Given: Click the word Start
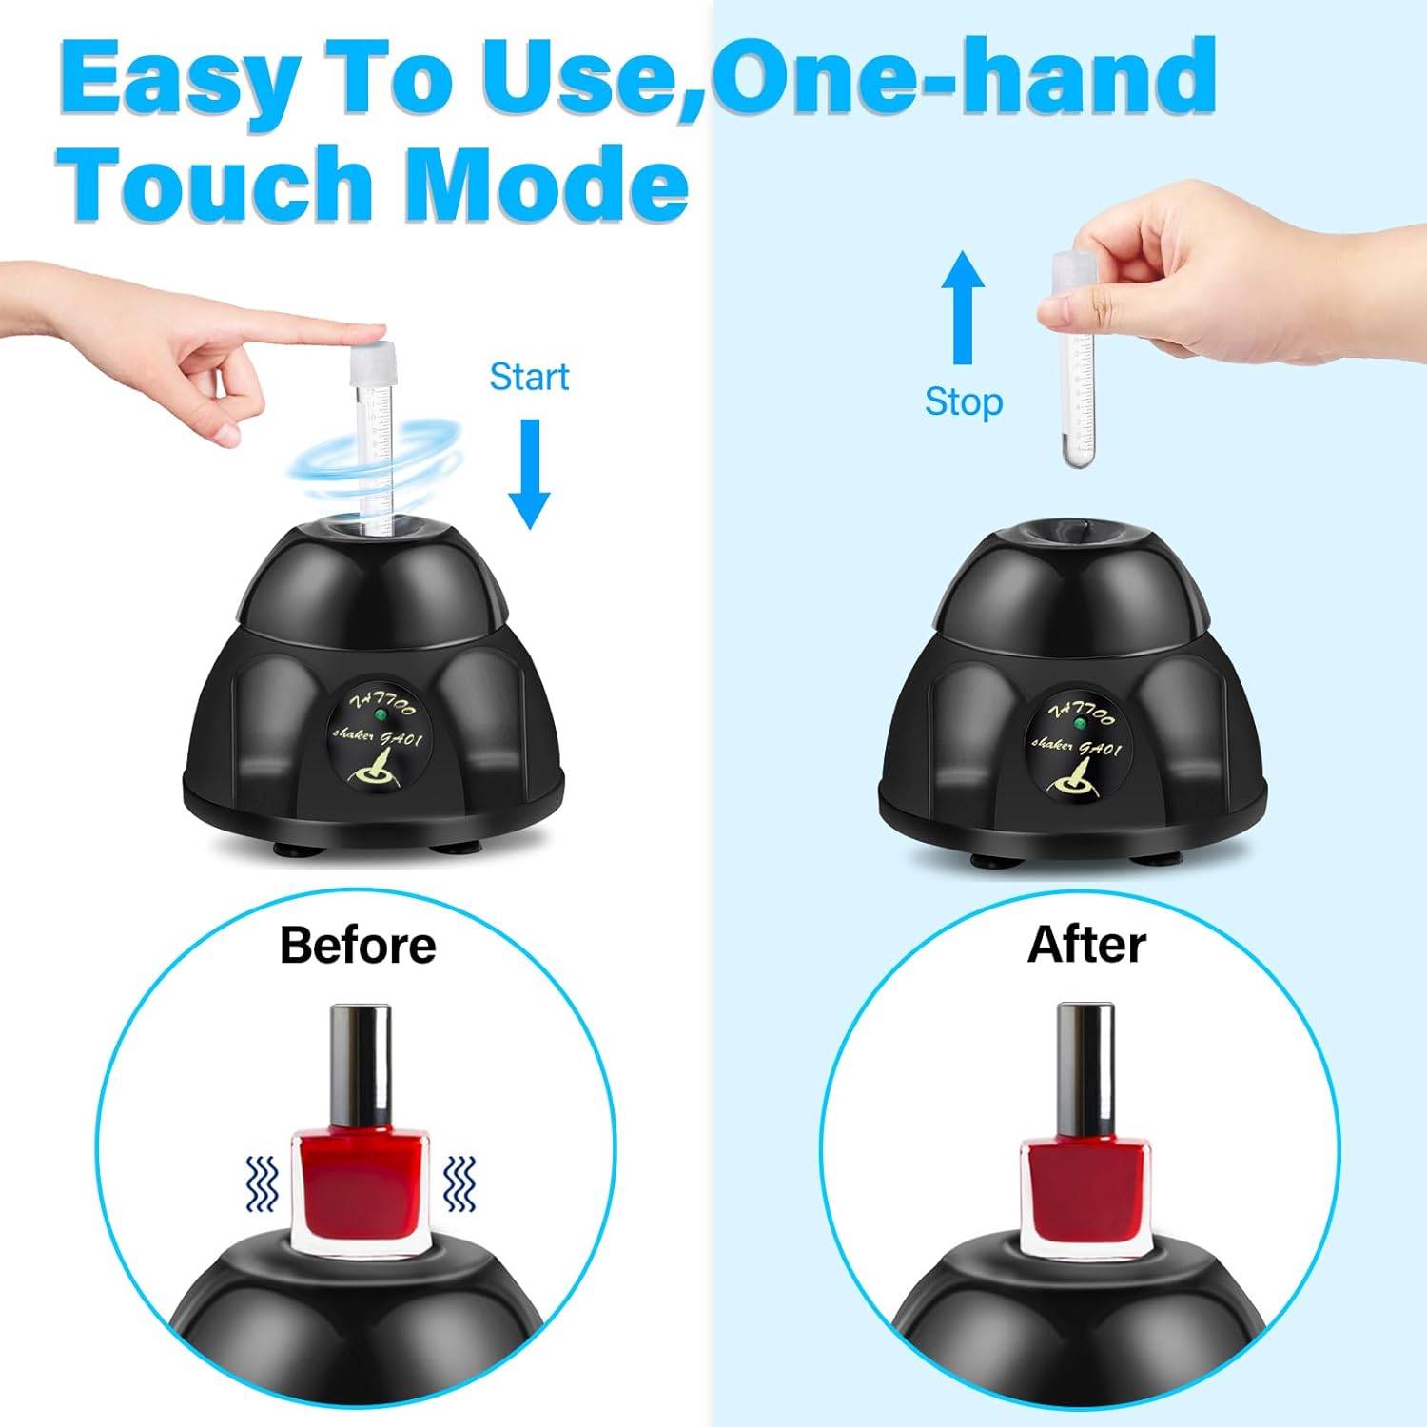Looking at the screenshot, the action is click(x=529, y=377).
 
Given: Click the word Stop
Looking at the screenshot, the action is click(x=963, y=401).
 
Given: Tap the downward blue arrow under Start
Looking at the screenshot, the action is click(x=529, y=474).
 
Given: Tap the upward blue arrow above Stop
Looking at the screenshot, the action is click(x=963, y=306).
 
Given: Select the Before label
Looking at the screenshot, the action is click(x=358, y=945).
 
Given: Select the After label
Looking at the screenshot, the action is click(x=1086, y=945).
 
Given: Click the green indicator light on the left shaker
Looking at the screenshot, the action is click(x=381, y=713).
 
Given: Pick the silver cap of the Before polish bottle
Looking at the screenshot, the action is click(x=361, y=1065).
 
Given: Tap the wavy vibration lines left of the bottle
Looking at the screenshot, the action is click(x=261, y=1183).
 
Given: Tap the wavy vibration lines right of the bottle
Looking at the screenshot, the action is click(x=460, y=1183).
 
